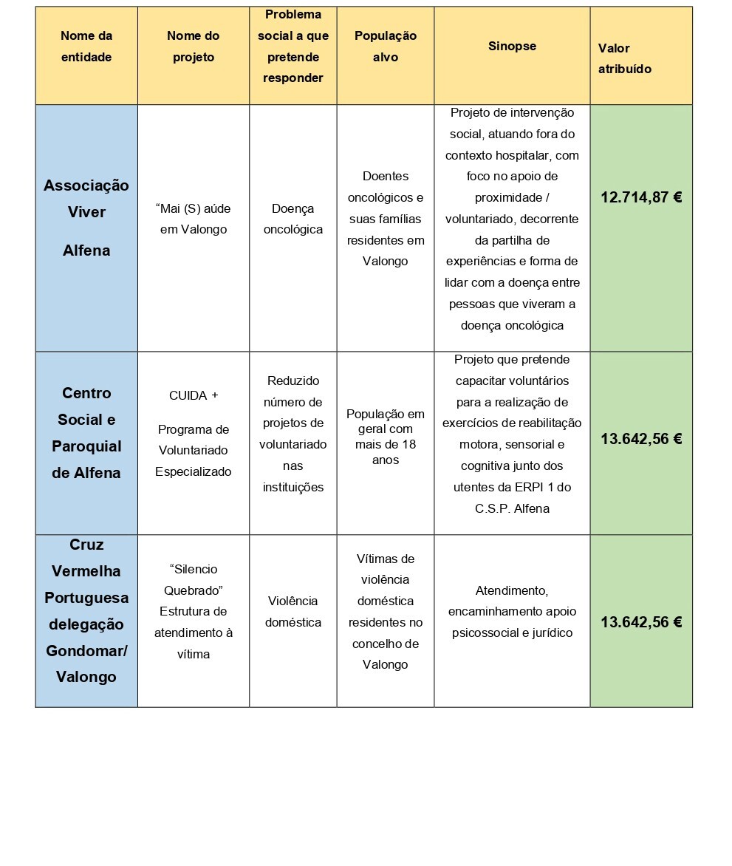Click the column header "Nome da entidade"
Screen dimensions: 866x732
(x=86, y=46)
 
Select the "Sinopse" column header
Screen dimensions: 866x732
(x=512, y=46)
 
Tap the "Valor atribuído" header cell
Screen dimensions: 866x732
(x=625, y=58)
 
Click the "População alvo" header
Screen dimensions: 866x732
(x=385, y=46)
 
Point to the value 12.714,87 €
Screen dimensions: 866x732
(x=640, y=197)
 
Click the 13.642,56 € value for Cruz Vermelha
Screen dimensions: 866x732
(x=640, y=622)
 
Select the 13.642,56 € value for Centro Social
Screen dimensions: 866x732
(x=640, y=439)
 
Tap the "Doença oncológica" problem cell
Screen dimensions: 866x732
(x=293, y=219)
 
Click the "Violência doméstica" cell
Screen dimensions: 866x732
(x=293, y=612)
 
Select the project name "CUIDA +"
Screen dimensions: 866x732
(x=194, y=395)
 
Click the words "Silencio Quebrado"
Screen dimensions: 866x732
(x=194, y=580)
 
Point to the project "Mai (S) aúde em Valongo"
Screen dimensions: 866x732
(x=194, y=219)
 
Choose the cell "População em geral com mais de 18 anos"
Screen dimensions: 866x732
(x=385, y=437)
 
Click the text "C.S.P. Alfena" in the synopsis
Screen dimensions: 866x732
(x=512, y=508)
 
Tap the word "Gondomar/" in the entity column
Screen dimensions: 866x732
(x=86, y=650)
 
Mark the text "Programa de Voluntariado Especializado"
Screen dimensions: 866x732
(x=194, y=450)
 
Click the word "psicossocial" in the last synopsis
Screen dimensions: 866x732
(x=486, y=633)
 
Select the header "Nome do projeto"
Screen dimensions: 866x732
(x=194, y=46)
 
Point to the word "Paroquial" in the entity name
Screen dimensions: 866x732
(x=86, y=446)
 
